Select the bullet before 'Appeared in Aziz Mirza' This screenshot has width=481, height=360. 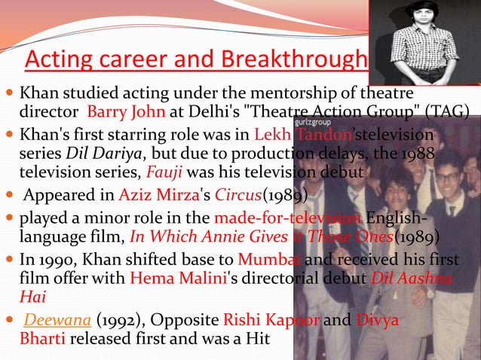pos(9,197)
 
